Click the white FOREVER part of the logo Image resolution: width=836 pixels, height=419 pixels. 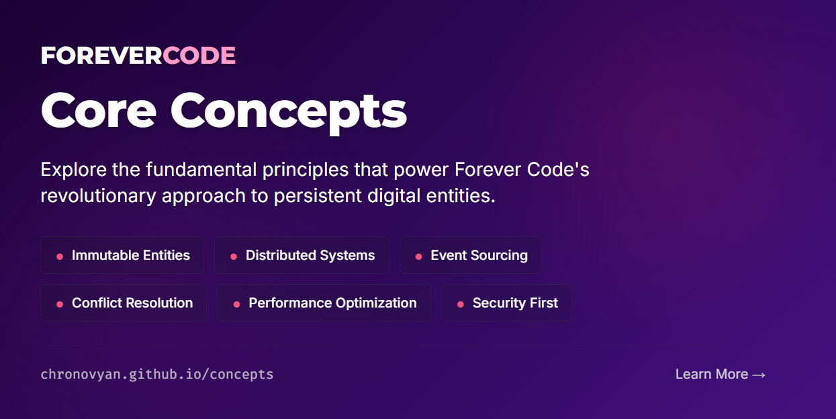(101, 56)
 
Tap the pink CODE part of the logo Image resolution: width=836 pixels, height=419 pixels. (199, 56)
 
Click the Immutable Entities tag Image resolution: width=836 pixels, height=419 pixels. (122, 255)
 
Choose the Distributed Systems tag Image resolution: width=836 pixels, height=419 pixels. (301, 255)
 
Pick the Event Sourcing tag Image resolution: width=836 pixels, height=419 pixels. (471, 255)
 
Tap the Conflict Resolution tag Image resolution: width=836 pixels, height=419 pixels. (124, 303)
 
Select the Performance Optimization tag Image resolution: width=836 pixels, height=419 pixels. (324, 303)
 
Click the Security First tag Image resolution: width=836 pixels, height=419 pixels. (506, 303)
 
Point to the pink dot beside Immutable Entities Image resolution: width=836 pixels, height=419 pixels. (60, 257)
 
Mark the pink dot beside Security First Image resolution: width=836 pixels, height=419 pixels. (461, 304)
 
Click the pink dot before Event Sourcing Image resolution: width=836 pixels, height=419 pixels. (418, 257)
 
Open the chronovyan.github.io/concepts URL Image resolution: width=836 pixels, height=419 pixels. (157, 374)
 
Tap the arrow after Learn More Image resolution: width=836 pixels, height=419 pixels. (759, 375)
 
